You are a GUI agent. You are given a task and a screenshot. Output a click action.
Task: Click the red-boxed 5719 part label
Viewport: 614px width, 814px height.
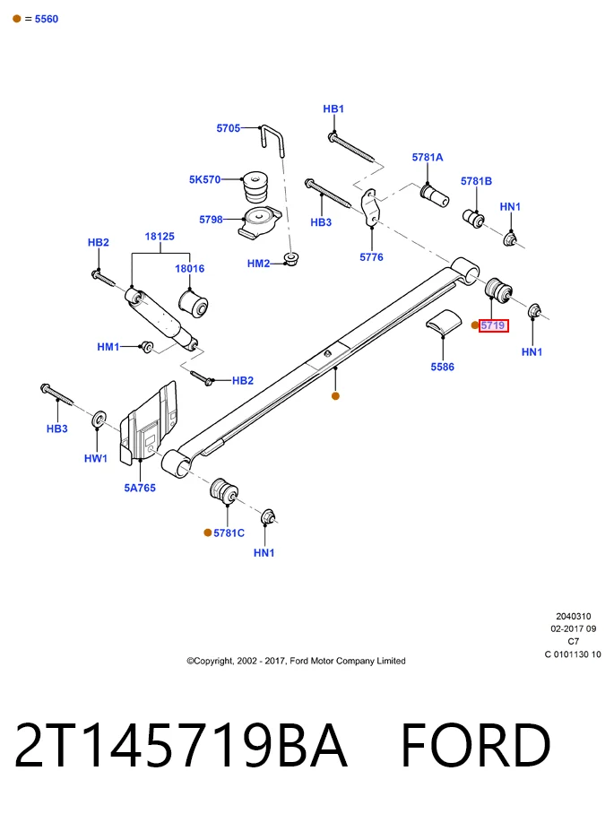coord(493,325)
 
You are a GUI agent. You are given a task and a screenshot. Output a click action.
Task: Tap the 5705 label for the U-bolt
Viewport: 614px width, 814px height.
coord(229,127)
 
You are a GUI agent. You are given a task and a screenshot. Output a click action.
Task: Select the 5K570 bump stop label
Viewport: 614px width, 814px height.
coord(204,179)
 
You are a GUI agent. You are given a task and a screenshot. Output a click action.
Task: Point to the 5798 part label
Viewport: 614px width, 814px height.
coord(212,220)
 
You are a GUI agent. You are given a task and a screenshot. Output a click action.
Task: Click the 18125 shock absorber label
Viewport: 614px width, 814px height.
coord(160,236)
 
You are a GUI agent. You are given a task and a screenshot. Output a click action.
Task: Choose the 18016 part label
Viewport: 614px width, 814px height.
coord(189,268)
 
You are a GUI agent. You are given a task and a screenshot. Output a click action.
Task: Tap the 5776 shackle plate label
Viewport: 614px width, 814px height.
coord(372,257)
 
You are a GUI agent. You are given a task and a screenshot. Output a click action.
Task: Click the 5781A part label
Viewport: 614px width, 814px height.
coord(428,157)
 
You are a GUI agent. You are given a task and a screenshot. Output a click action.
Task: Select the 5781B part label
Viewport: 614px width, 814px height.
coord(477,181)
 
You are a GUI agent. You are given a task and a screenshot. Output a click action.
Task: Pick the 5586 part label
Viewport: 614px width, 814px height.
coord(442,367)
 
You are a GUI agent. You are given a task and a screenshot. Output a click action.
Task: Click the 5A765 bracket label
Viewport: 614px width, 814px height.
coord(140,488)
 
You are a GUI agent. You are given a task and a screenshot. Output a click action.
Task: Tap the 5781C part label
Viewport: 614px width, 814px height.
coord(229,533)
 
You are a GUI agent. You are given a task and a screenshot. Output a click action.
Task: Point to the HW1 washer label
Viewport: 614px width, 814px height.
coord(96,458)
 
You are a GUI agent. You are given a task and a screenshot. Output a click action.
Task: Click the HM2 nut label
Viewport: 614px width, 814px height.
coord(258,264)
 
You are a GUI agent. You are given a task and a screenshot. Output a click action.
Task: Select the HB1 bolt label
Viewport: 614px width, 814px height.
coord(333,109)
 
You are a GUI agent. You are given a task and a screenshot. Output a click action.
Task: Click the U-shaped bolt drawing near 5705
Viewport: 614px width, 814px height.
coord(273,139)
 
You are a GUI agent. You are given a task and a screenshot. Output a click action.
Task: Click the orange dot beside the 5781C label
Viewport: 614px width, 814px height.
coord(208,533)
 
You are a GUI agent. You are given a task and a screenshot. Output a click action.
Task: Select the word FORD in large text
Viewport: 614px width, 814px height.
coord(475,745)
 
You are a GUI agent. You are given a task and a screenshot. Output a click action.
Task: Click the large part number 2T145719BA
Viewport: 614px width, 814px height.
coord(181,745)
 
